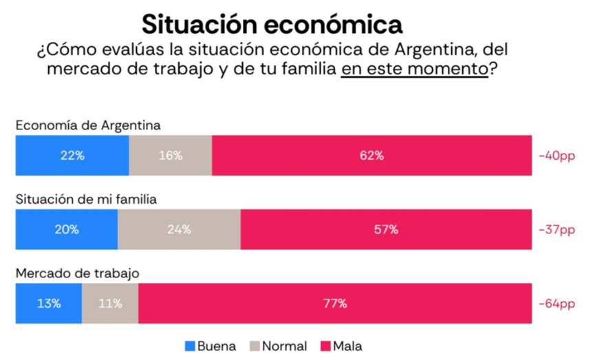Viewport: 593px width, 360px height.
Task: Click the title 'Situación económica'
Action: coord(272,24)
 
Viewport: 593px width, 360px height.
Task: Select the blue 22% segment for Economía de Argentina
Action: coord(72,156)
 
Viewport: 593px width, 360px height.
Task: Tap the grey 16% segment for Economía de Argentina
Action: coord(171,156)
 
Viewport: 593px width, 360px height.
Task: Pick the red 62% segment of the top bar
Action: coord(371,156)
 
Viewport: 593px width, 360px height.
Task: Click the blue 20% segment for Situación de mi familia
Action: coord(67,230)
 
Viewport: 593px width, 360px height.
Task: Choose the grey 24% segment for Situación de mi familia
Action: coord(179,230)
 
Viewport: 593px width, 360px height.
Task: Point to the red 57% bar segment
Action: coord(386,230)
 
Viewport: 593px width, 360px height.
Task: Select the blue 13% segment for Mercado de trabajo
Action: coord(49,304)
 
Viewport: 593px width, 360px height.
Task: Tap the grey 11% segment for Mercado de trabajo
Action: coord(110,304)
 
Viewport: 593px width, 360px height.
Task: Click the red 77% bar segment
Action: coord(335,304)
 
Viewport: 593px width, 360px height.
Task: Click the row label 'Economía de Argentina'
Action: coord(89,125)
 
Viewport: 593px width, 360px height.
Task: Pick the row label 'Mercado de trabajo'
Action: coord(78,273)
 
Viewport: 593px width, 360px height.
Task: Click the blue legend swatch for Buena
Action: coord(190,346)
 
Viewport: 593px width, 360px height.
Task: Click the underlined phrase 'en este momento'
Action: coord(414,70)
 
